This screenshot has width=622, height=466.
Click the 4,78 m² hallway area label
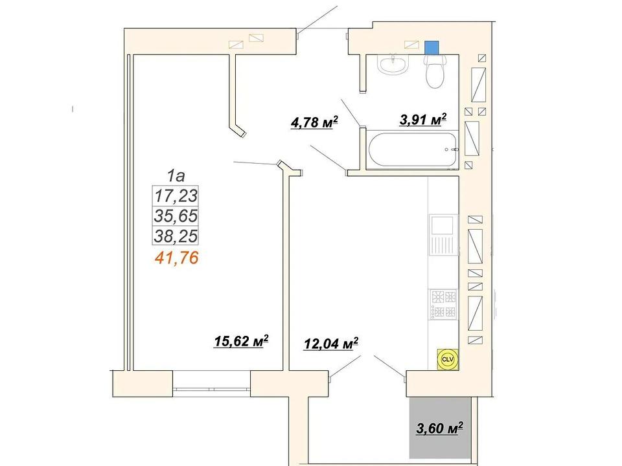[x=314, y=122]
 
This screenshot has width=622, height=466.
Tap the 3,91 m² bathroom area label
[x=423, y=119]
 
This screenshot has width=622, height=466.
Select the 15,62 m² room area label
[x=241, y=341]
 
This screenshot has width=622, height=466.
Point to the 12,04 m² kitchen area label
[x=331, y=343]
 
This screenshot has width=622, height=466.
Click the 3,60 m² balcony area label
[x=440, y=428]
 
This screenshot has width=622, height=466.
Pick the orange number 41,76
[x=176, y=258]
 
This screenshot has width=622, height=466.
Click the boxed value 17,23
[x=176, y=195]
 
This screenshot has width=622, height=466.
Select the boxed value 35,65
[x=176, y=216]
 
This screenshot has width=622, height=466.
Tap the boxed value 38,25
[x=176, y=237]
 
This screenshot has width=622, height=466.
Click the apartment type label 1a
[x=176, y=175]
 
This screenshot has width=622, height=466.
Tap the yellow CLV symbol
[x=448, y=359]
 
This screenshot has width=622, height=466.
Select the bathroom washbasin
[x=392, y=64]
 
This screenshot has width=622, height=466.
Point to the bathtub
[x=413, y=150]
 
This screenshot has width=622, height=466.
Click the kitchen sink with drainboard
[x=443, y=235]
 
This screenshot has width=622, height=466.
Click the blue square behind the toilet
[x=432, y=48]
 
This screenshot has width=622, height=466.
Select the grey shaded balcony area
[x=440, y=428]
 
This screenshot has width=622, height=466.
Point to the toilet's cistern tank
[x=435, y=60]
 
